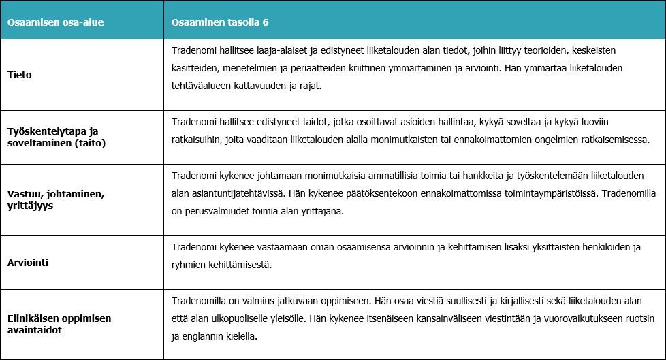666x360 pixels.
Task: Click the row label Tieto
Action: pos(20,75)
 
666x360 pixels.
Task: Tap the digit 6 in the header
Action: pos(266,22)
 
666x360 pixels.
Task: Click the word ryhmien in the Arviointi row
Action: pos(188,264)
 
